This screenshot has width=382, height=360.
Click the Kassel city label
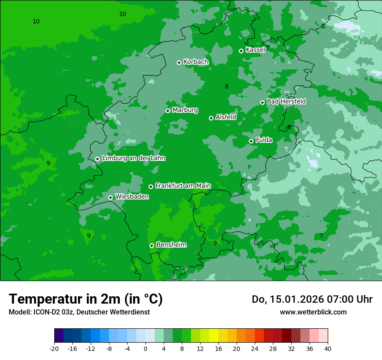tap(255, 50)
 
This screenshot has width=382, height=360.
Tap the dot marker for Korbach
tap(179, 62)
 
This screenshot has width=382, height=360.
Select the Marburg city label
tap(185, 110)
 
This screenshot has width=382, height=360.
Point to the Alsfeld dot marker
tap(211, 118)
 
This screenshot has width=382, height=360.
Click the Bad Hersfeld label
tap(286, 101)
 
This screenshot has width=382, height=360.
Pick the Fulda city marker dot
tap(251, 141)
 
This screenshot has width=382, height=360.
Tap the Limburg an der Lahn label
tap(133, 158)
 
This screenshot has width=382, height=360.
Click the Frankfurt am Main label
tap(183, 186)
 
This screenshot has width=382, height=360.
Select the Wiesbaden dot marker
tap(110, 197)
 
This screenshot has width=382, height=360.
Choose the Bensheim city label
tap(171, 245)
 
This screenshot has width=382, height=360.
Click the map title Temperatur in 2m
tap(86, 299)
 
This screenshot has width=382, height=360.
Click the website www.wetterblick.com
tap(313, 312)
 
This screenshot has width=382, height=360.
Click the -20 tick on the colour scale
tap(54, 348)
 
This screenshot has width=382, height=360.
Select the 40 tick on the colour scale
tap(328, 348)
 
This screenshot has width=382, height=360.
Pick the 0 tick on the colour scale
tap(145, 348)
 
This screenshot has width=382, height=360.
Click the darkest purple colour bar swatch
tap(59, 336)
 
